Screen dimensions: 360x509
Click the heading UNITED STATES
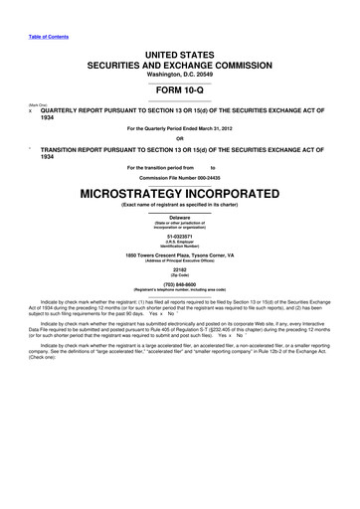point(180,50)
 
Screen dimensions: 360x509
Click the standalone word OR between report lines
point(180,137)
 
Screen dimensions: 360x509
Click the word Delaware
point(180,216)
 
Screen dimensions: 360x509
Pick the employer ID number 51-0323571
point(180,236)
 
